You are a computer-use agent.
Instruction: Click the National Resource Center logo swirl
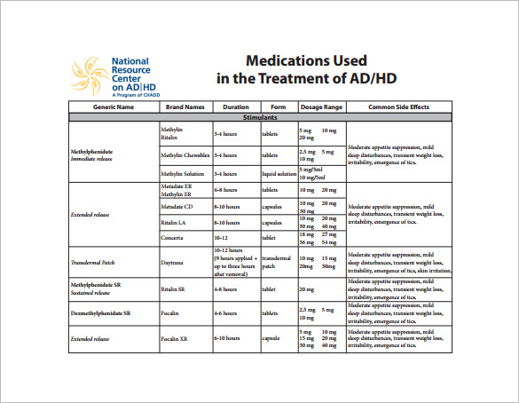(89, 74)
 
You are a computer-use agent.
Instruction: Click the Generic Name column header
(114, 107)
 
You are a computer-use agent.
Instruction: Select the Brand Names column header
(185, 107)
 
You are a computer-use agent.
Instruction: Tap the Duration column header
(236, 107)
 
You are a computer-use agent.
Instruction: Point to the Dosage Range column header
(321, 107)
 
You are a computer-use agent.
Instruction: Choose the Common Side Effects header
(399, 107)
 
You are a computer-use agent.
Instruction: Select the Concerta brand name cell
(173, 238)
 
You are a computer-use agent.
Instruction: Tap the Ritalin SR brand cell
(173, 288)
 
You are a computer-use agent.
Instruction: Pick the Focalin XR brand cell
(174, 338)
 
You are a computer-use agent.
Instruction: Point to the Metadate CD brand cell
(178, 207)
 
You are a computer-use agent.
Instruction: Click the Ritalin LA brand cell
(173, 222)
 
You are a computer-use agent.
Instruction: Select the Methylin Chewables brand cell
(185, 154)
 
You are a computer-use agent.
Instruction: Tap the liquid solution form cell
(278, 174)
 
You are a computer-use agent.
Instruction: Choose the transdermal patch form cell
(276, 263)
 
